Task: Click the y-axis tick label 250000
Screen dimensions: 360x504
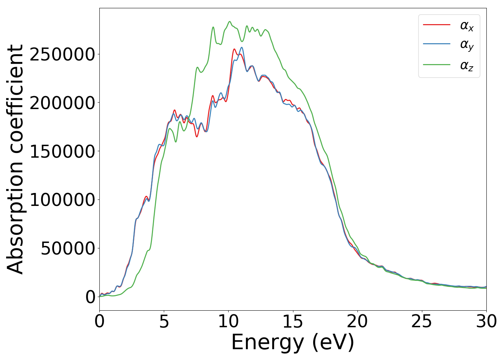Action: [62, 54]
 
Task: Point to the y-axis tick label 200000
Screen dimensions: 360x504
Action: [62, 103]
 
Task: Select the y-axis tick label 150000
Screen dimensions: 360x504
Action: [62, 152]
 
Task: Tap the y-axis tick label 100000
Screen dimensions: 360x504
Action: [62, 200]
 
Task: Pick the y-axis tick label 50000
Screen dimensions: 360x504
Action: [68, 248]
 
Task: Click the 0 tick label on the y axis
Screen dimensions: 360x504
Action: [90, 297]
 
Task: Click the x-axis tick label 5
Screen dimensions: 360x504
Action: [164, 321]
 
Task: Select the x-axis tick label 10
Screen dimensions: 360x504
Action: [228, 321]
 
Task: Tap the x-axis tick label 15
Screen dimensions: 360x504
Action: [293, 321]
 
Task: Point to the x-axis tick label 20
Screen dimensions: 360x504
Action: [357, 321]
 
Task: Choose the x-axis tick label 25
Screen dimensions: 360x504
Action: [422, 321]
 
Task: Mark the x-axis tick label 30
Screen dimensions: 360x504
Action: [486, 321]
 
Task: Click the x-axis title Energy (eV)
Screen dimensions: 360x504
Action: [293, 342]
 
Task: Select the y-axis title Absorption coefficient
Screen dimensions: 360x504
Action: [15, 159]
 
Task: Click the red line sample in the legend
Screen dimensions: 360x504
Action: [436, 25]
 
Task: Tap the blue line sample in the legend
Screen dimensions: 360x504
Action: [436, 44]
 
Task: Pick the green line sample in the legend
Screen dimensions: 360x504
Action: [436, 65]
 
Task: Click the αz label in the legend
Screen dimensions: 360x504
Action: [467, 66]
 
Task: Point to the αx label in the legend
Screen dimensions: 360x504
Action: [467, 26]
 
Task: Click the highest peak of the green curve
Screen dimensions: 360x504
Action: [230, 22]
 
